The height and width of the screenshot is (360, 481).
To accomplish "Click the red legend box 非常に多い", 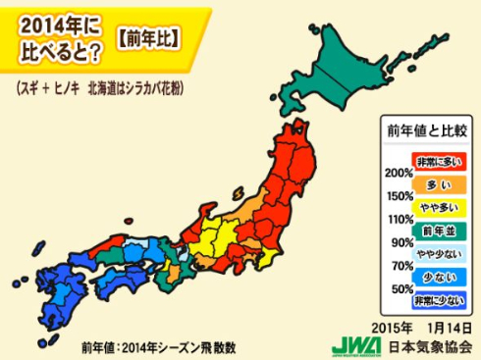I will (x=438, y=160).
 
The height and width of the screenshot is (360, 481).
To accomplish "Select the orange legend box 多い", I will (x=438, y=183).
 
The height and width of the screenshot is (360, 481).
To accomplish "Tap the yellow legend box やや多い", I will (x=438, y=207).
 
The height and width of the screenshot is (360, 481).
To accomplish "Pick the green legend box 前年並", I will (x=438, y=231).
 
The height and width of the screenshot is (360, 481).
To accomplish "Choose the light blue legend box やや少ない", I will (x=438, y=254).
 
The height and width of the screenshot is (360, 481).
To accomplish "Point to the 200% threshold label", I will (x=399, y=173).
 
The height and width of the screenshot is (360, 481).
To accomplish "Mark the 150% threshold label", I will (x=399, y=196).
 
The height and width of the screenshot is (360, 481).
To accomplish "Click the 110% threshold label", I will (x=399, y=219).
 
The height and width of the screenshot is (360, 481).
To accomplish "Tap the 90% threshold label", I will (x=401, y=242).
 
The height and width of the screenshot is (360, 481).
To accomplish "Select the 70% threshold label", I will (x=401, y=266).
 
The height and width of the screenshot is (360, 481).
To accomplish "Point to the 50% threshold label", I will (x=401, y=289).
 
